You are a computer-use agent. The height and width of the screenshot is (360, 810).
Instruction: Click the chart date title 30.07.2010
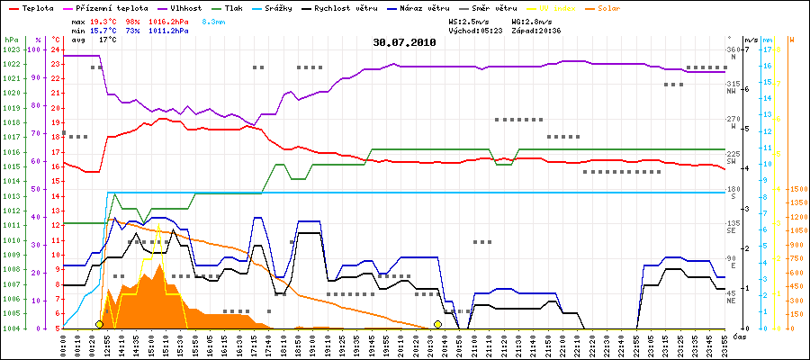(405, 41)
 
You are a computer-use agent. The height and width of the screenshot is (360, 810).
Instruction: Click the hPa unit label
(11, 40)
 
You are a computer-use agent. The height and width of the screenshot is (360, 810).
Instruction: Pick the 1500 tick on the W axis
(798, 189)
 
